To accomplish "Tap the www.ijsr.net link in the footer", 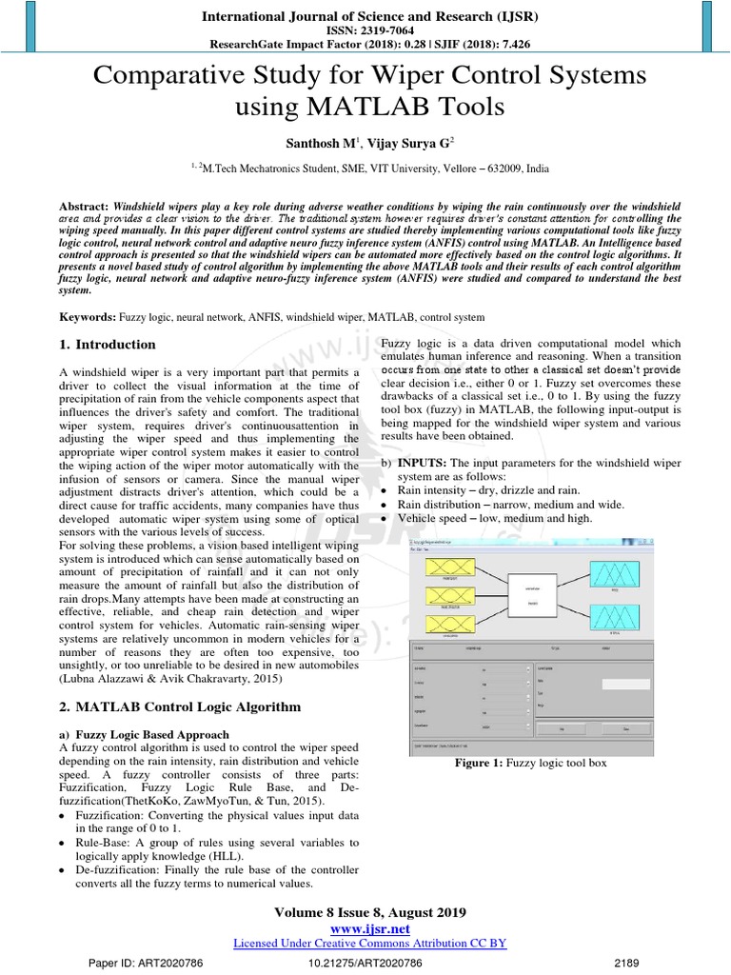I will (x=369, y=928).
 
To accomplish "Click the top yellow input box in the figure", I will (x=443, y=571).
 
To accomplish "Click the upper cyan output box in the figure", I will (x=619, y=577).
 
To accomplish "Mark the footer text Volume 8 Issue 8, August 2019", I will (x=369, y=912).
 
